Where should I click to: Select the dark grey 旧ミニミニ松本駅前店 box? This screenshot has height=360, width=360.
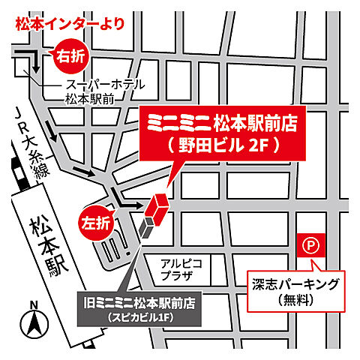140,311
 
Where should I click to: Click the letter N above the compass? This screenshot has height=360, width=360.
33,304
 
